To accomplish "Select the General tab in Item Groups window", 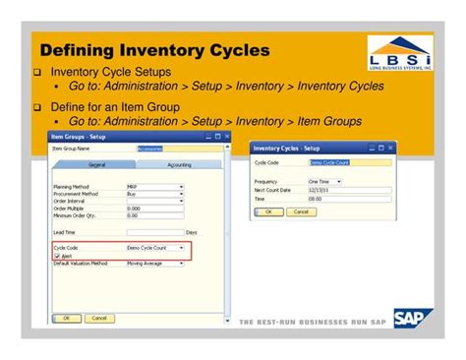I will [97, 165].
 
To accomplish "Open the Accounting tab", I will [178, 165].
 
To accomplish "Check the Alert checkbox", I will [57, 256].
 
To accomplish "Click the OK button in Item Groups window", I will [66, 318].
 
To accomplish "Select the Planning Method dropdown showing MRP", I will [154, 186].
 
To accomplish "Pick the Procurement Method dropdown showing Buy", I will [154, 194].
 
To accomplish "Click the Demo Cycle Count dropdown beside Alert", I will [154, 248].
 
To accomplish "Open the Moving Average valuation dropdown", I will [154, 264].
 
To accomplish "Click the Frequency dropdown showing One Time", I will [325, 182].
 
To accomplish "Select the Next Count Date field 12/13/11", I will [325, 190].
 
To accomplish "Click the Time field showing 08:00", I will [325, 198].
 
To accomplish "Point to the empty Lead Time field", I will [154, 232].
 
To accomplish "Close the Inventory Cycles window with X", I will [392, 149].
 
